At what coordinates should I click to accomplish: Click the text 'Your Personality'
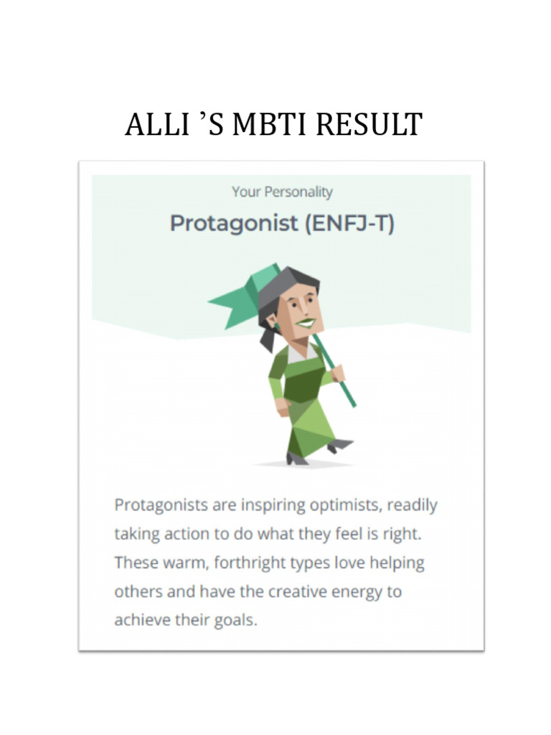pos(282,192)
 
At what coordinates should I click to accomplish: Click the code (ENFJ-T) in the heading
pos(349,223)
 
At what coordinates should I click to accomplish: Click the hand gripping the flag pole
pos(336,373)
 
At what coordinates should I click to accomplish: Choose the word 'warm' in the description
pos(183,563)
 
